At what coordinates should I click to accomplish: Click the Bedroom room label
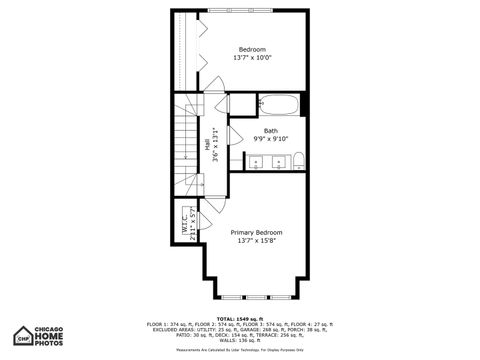252,50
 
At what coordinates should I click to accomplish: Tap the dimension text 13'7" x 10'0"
252,59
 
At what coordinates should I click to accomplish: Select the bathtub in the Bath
279,104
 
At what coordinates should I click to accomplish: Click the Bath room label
271,131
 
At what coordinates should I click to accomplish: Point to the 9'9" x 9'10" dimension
271,139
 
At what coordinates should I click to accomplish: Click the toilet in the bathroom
298,160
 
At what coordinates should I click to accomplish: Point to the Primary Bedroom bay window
256,297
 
